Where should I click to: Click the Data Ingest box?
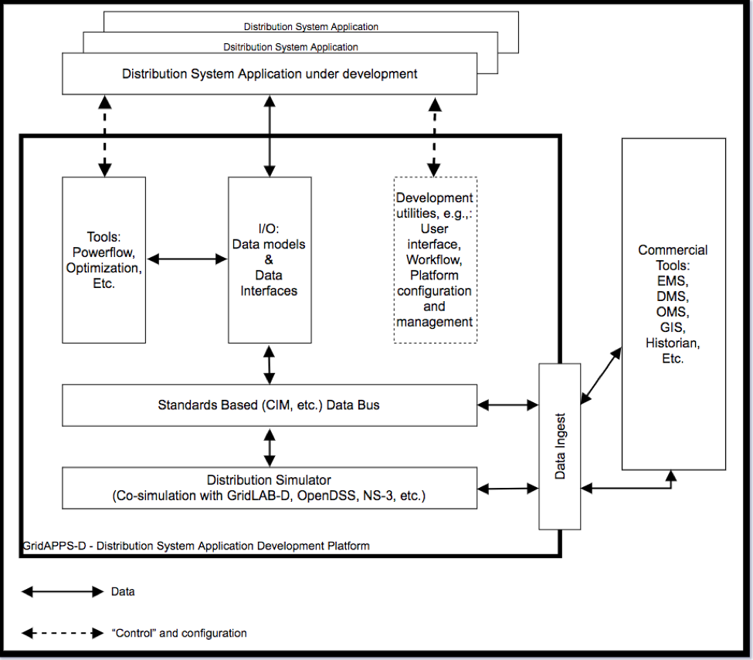559,446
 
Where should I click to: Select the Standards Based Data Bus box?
270,405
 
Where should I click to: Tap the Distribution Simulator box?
270,488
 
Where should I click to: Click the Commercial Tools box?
673,304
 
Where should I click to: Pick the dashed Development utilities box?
435,259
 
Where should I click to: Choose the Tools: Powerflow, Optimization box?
103,259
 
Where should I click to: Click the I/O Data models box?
270,259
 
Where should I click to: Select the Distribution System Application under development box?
270,73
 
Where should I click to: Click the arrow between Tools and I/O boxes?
187,259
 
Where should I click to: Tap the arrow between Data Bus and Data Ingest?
508,405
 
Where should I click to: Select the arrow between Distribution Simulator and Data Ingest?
508,489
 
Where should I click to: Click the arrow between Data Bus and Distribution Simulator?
270,447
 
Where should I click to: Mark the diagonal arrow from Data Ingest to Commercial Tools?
602,376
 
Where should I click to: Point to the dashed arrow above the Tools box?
105,136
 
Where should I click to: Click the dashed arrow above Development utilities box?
434,137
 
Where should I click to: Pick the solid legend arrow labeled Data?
63,591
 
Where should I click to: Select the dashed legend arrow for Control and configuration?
63,633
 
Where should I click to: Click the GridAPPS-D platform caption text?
196,546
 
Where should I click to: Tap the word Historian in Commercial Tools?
673,343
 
